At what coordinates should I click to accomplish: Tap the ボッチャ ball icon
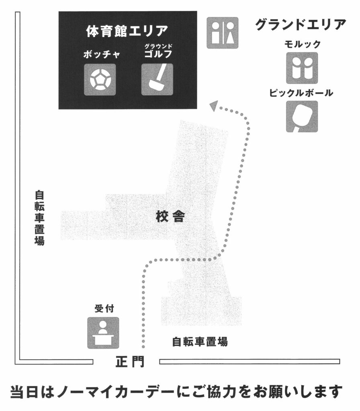click(x=100, y=79)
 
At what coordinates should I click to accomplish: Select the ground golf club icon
click(x=157, y=79)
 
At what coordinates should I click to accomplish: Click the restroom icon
click(x=223, y=33)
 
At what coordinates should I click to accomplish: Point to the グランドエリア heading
click(x=301, y=25)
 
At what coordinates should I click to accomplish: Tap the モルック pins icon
click(x=302, y=68)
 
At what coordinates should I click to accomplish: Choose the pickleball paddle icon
click(x=302, y=116)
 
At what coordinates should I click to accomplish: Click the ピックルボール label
click(x=301, y=93)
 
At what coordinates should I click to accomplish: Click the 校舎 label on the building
click(x=170, y=217)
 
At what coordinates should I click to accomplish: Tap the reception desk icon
click(x=103, y=333)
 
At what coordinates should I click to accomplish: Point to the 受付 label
click(x=104, y=309)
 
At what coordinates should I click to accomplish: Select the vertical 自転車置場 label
click(x=39, y=218)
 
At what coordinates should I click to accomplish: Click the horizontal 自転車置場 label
click(x=200, y=342)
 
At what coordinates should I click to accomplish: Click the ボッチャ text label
click(x=102, y=55)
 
